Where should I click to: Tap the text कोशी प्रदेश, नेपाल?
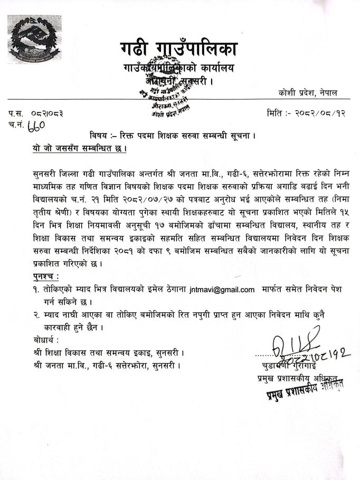coord(308,93)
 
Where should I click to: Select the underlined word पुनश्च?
coord(43,277)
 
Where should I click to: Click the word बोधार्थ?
coord(44,340)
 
